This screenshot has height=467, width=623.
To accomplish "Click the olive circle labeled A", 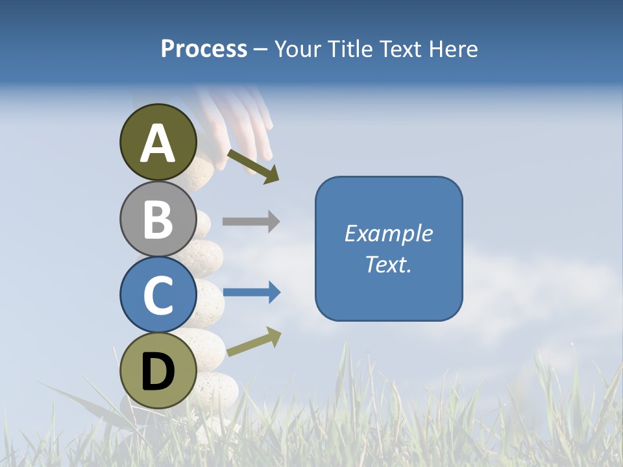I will (x=158, y=142).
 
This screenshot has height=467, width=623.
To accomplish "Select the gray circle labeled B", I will (x=158, y=219).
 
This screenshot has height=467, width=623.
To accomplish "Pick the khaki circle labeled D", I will (x=158, y=371).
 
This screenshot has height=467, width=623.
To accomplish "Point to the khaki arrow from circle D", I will (x=254, y=341).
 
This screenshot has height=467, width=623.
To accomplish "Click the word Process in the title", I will (x=204, y=49).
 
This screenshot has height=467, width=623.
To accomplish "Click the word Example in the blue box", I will (x=388, y=233).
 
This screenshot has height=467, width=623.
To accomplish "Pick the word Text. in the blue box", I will (x=388, y=264).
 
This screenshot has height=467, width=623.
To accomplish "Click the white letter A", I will (x=158, y=143).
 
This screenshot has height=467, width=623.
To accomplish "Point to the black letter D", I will (x=158, y=372).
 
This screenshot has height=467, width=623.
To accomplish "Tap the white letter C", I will (x=158, y=295).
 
